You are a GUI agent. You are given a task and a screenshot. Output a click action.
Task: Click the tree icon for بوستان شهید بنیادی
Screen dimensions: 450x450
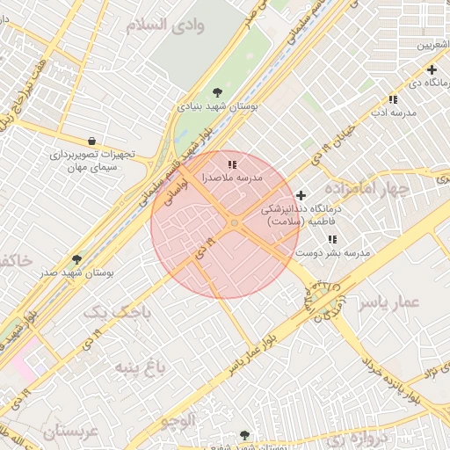(x=217, y=92)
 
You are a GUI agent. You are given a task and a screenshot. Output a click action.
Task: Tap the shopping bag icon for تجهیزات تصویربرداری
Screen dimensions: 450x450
(x=92, y=141)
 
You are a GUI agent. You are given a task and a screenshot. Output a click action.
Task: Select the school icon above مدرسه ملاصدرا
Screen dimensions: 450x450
(x=232, y=164)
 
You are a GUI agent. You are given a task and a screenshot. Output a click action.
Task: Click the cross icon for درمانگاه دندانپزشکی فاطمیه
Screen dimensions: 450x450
(x=301, y=195)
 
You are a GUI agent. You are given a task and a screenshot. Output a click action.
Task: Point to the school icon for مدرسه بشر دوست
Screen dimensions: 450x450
(x=331, y=239)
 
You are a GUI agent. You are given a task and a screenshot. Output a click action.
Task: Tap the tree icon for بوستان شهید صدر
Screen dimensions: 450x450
(x=76, y=259)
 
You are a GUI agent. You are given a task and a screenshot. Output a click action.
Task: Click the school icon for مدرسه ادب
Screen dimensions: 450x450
(x=392, y=100)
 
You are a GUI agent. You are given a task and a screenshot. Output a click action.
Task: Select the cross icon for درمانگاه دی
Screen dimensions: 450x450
(x=432, y=69)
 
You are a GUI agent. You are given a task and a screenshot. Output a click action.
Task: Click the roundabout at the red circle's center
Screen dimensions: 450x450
(x=234, y=224)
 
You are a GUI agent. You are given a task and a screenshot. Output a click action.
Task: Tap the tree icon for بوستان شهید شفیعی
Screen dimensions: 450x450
(x=244, y=435)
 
